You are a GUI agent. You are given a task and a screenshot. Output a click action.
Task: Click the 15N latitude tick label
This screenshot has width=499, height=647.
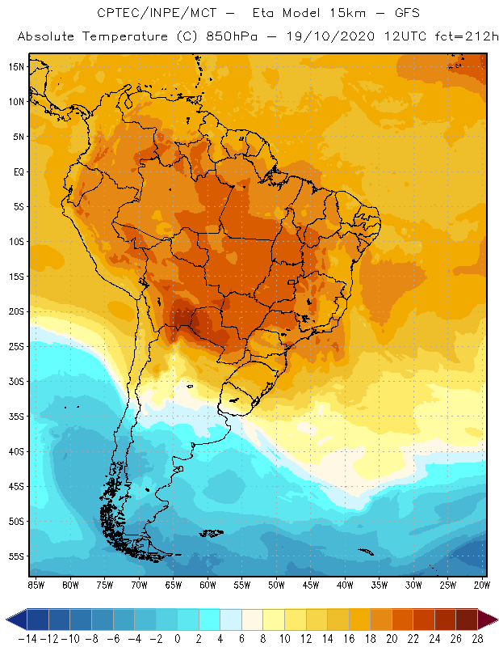click(15, 66)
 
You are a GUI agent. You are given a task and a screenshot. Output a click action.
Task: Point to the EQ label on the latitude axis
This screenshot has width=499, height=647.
click(18, 171)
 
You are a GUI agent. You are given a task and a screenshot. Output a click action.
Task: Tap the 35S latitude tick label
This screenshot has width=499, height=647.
click(15, 417)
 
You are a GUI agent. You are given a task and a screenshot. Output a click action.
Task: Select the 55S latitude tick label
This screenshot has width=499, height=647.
click(15, 556)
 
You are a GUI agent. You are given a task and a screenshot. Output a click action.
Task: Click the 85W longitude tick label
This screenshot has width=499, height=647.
click(36, 585)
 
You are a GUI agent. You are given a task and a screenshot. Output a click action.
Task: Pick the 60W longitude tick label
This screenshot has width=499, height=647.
click(208, 585)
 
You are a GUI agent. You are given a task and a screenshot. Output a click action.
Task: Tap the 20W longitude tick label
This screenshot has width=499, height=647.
click(483, 585)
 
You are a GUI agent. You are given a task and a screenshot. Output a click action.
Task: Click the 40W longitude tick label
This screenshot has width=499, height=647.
click(346, 585)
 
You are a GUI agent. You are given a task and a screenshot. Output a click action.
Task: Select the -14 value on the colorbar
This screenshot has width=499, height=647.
click(27, 638)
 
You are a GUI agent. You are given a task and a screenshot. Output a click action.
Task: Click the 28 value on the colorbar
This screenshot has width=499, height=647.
click(477, 638)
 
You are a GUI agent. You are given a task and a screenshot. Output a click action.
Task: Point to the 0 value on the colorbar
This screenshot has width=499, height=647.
click(178, 638)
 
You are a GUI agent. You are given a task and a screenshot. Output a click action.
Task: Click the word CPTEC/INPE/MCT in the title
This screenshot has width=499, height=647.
click(145, 14)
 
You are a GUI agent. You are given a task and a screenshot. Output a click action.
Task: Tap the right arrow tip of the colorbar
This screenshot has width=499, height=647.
click(495, 620)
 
